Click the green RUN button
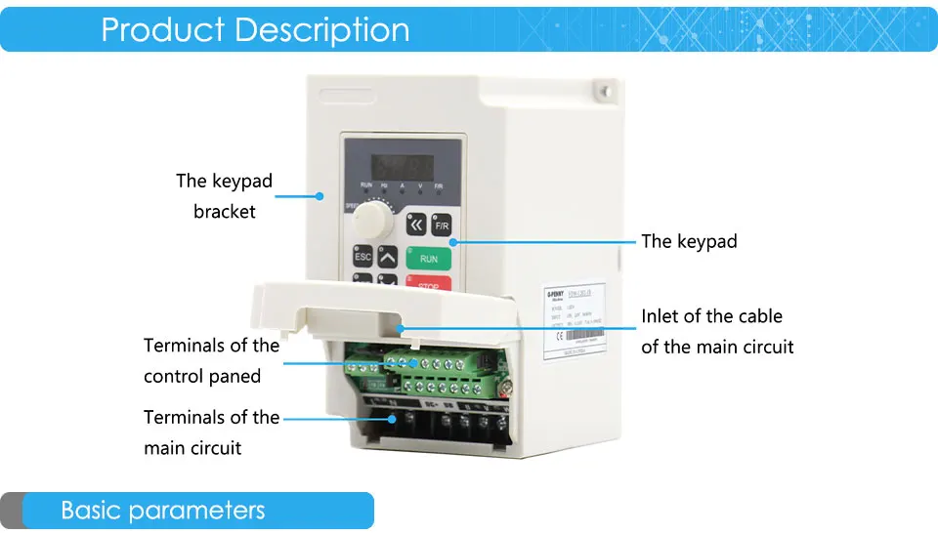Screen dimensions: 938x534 (x=429, y=259)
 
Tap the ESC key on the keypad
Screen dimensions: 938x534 (x=362, y=257)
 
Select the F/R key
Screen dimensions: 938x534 (x=442, y=225)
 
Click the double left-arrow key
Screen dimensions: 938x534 (x=417, y=224)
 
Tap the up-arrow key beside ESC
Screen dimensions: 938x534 (x=388, y=258)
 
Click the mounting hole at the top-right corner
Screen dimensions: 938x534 (x=606, y=92)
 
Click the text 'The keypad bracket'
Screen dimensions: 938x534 (x=224, y=195)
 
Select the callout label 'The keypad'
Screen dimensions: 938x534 (x=689, y=241)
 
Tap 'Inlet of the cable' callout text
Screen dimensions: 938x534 (x=711, y=316)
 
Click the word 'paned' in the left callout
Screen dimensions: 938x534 (x=237, y=376)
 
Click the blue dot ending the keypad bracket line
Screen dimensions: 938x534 (x=319, y=196)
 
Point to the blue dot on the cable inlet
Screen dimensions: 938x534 (x=402, y=331)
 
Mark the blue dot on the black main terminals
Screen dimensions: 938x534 (x=394, y=418)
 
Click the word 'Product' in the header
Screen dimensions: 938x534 (x=162, y=29)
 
